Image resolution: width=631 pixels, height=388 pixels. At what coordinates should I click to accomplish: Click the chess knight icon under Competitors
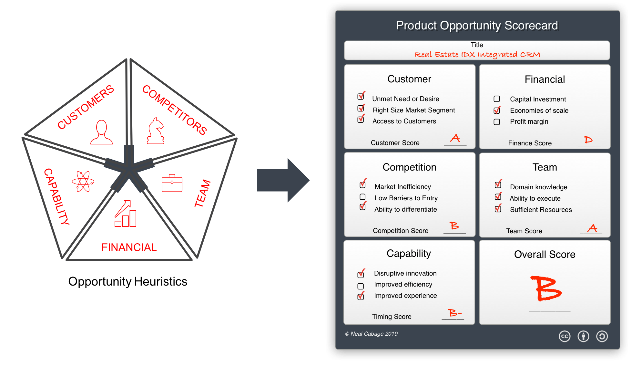coord(156,131)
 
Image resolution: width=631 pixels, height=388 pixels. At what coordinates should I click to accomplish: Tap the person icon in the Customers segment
coord(102,132)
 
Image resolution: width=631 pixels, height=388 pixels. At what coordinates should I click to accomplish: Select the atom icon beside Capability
coord(83,181)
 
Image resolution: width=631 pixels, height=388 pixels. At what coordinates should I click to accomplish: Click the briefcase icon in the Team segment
coord(172,183)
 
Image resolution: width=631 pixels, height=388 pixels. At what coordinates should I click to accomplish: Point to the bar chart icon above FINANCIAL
coord(126,214)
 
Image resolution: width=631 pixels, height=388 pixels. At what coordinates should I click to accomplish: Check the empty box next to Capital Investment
coord(497,99)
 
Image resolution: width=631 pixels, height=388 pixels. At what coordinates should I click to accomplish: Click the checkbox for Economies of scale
coord(497,110)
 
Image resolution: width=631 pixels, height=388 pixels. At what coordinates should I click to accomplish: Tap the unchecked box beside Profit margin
coord(497,122)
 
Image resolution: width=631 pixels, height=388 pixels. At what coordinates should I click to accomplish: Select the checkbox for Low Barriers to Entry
coord(362,197)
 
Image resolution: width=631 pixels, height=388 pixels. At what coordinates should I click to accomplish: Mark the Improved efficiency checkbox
coord(361,286)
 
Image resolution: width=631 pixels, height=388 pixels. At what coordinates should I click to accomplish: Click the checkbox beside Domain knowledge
coord(498,185)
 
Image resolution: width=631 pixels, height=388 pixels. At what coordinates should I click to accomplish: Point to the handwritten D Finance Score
coord(588,140)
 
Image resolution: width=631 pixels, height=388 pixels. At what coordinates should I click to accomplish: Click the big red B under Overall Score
coord(546,288)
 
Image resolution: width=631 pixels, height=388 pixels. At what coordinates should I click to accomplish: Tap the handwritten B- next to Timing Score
coord(454,313)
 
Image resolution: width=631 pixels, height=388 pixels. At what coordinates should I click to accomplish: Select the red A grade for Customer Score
coord(455,138)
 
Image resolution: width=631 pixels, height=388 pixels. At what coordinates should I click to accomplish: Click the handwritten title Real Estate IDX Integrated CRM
coord(477,54)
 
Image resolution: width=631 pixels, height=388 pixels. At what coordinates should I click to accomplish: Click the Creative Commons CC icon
coord(565,336)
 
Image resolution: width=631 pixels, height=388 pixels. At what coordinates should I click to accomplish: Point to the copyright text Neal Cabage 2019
coord(371,334)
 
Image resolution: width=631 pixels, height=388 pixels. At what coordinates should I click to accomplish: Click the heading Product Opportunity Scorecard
coord(477,26)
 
